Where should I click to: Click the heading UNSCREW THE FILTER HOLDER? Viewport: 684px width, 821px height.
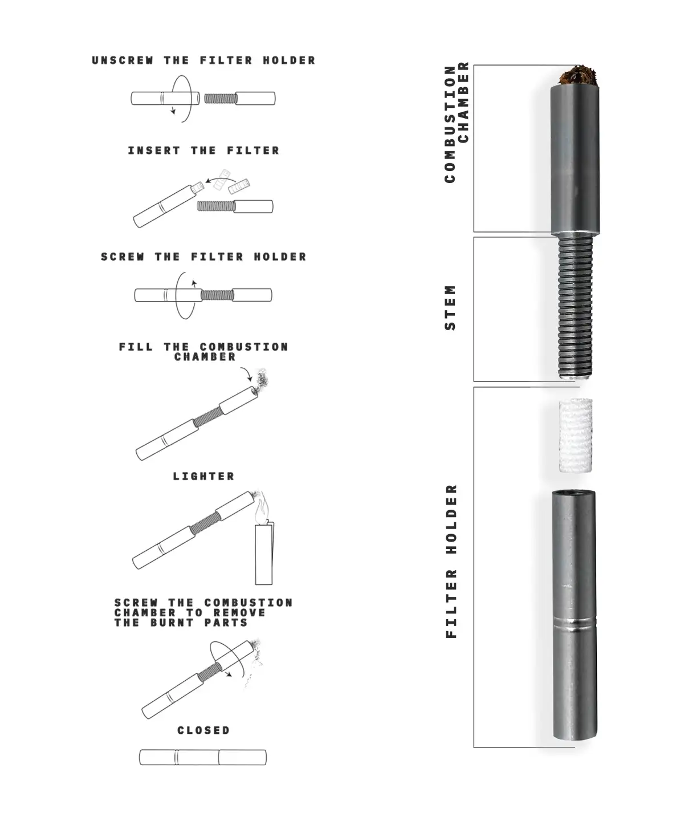tap(203, 60)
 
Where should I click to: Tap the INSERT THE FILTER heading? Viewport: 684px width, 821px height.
tap(203, 151)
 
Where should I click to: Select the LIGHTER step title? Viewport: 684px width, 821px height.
tap(203, 476)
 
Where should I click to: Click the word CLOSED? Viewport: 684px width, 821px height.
tap(203, 730)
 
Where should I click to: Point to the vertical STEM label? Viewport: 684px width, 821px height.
tap(450, 307)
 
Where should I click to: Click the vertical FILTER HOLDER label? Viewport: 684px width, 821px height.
tap(451, 561)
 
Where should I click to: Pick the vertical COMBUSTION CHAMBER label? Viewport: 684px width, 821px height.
tap(457, 122)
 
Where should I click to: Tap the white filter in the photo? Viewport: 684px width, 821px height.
tap(576, 435)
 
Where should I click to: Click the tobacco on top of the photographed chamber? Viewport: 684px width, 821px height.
tap(578, 76)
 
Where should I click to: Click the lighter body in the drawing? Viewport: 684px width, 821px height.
tap(264, 553)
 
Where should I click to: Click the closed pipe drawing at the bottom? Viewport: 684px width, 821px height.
tap(203, 757)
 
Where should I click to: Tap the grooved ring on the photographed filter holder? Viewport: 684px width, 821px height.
tap(575, 623)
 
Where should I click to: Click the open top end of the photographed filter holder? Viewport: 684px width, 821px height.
tap(573, 494)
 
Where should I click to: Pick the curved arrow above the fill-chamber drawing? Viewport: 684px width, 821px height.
tap(246, 374)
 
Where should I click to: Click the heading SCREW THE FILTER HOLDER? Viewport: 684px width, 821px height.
tap(203, 257)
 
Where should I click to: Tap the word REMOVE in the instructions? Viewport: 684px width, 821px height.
tap(239, 612)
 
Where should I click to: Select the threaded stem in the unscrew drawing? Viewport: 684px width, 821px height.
tap(221, 98)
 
